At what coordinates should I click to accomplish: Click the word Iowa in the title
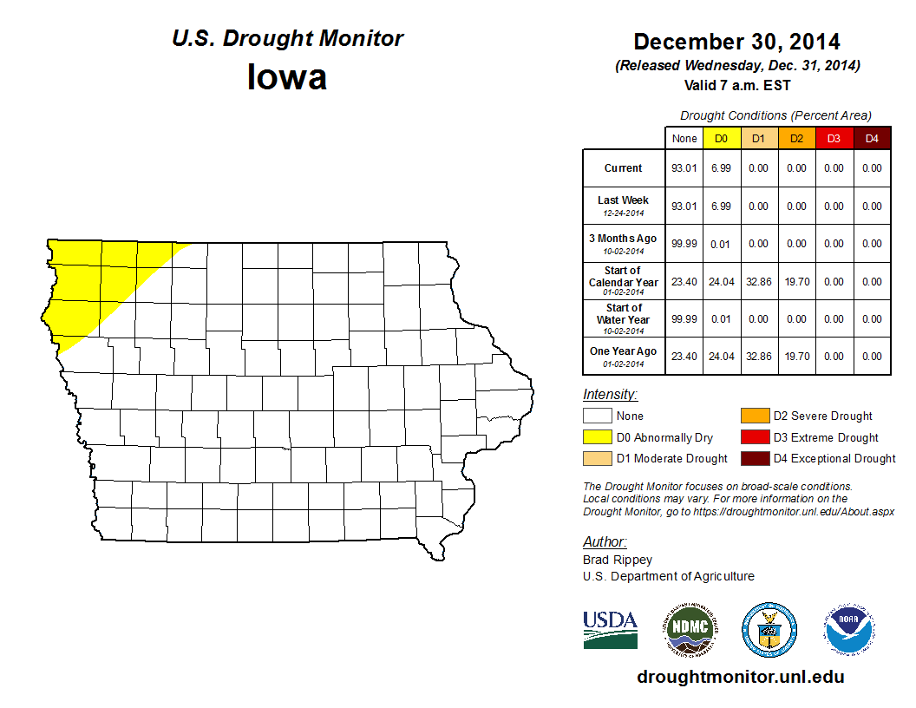pos(287,77)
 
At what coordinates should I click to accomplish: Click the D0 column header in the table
pos(721,139)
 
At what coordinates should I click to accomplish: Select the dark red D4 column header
pos(872,139)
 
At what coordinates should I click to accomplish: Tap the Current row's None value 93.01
pos(684,168)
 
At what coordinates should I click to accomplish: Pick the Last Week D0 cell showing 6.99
pos(721,206)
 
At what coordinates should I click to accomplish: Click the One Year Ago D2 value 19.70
pos(796,357)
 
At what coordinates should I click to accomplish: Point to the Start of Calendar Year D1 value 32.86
pos(758,282)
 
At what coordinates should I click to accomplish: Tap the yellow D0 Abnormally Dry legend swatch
pos(597,437)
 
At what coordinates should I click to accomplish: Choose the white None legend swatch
pos(597,416)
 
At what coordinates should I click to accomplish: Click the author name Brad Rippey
pos(618,560)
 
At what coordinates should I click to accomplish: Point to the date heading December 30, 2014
pos(736,42)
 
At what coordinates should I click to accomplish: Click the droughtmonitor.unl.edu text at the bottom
pos(740,677)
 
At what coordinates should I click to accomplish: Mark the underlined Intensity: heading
pos(610,395)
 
